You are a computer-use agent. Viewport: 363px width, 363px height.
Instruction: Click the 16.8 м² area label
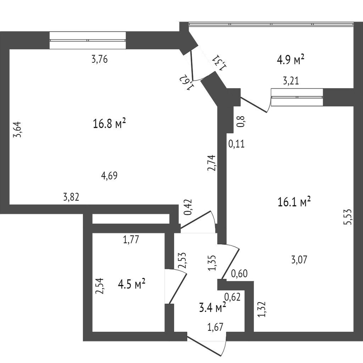pyautogui.click(x=110, y=124)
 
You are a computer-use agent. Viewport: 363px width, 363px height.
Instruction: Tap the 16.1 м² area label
pyautogui.click(x=294, y=202)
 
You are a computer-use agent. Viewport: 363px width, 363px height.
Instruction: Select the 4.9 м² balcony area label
pyautogui.click(x=291, y=60)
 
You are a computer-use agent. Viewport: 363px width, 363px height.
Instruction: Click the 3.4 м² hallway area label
pyautogui.click(x=213, y=308)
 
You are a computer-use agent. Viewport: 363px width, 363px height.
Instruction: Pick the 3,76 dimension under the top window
pyautogui.click(x=99, y=60)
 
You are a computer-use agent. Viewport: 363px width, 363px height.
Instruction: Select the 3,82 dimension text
pyautogui.click(x=71, y=198)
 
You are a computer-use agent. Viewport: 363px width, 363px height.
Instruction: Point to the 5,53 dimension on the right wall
pyautogui.click(x=348, y=217)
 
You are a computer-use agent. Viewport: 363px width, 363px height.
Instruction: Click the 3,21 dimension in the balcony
pyautogui.click(x=291, y=81)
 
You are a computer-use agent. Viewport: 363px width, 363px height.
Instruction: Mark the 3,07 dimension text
pyautogui.click(x=299, y=260)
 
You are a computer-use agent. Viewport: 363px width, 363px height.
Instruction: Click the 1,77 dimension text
pyautogui.click(x=130, y=240)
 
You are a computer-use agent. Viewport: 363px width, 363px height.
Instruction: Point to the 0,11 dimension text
pyautogui.click(x=236, y=144)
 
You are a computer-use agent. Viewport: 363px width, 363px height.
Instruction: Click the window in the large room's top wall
pyautogui.click(x=88, y=40)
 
